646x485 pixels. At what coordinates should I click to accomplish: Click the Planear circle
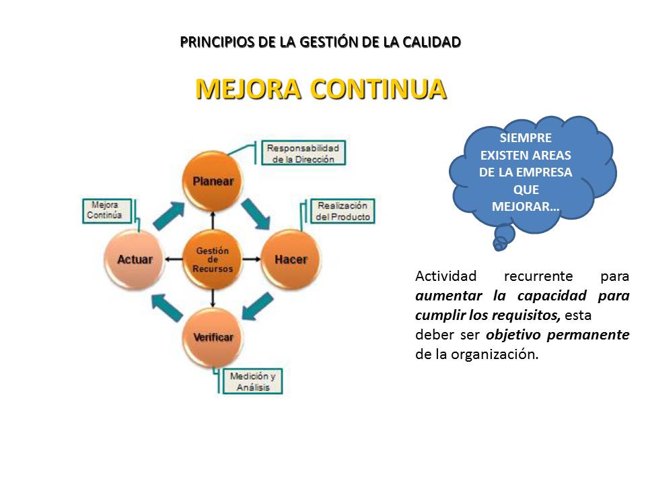[213, 180]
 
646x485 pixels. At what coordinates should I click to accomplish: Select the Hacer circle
[291, 259]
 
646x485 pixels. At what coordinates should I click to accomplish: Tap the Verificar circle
[213, 337]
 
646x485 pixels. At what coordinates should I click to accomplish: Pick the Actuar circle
[135, 259]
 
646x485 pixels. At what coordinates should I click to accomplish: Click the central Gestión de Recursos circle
[213, 259]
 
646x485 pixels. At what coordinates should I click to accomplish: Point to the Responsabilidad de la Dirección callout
[302, 153]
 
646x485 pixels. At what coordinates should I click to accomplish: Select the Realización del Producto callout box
[343, 212]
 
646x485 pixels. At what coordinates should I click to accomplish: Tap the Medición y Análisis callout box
[252, 382]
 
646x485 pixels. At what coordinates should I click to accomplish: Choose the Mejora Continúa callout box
[106, 210]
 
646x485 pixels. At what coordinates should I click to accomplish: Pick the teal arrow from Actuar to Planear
[169, 214]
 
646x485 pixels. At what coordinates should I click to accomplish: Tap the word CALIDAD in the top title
[429, 42]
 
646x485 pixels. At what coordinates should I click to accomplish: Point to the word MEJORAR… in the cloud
[526, 206]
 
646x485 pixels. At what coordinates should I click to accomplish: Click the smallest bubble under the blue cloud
[499, 247]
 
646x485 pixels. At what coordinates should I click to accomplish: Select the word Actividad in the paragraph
[445, 276]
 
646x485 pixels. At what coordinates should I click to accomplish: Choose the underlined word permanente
[596, 335]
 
